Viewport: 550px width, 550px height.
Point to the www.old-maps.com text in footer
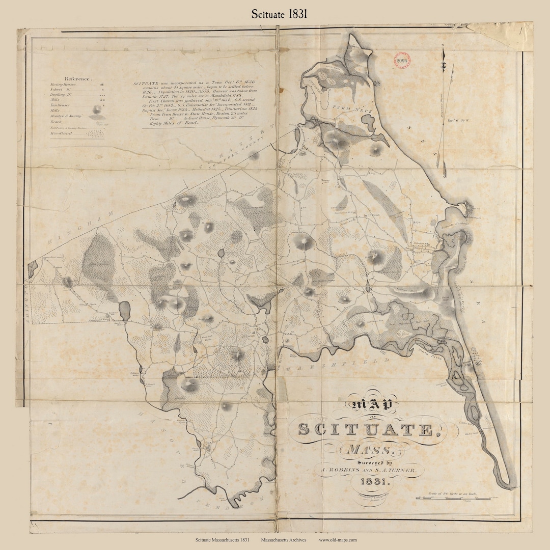(x=338, y=540)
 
